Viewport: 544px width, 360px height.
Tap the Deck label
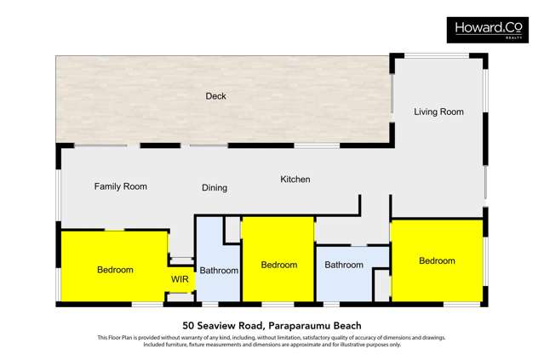click(215, 96)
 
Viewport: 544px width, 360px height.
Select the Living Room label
click(438, 111)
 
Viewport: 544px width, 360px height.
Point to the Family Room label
click(120, 186)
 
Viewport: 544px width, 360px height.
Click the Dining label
click(215, 188)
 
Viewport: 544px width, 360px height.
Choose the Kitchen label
click(295, 180)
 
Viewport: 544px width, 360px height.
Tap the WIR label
click(180, 279)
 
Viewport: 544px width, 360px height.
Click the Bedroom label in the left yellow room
click(115, 270)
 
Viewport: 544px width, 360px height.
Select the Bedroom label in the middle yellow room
click(278, 265)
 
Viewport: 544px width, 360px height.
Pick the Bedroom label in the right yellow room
click(437, 260)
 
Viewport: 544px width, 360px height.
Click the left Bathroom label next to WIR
click(219, 271)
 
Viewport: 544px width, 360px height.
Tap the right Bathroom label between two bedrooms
click(344, 265)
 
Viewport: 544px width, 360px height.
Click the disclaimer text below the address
click(272, 340)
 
